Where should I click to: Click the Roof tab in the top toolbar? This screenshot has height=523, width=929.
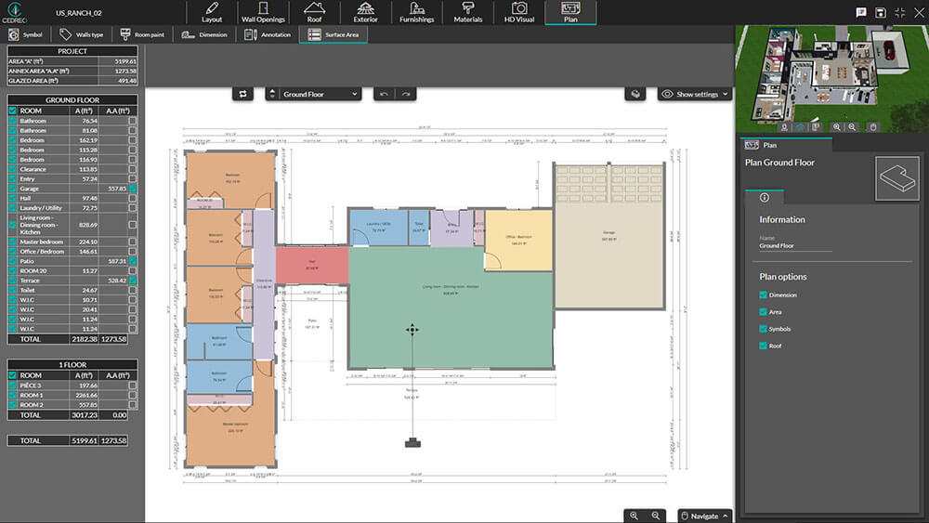tap(314, 12)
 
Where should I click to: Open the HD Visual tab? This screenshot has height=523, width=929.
tap(519, 12)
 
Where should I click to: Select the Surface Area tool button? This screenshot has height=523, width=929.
tap(335, 34)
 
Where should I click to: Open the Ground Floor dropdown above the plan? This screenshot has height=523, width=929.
tap(313, 94)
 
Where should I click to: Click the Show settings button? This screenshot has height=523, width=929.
tap(695, 94)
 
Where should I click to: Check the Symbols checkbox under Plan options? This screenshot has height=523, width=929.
tap(763, 329)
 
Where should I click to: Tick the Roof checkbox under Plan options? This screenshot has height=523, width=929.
tap(763, 346)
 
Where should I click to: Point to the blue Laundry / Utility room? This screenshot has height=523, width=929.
tap(376, 228)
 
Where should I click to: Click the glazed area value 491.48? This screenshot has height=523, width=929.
tap(124, 81)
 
